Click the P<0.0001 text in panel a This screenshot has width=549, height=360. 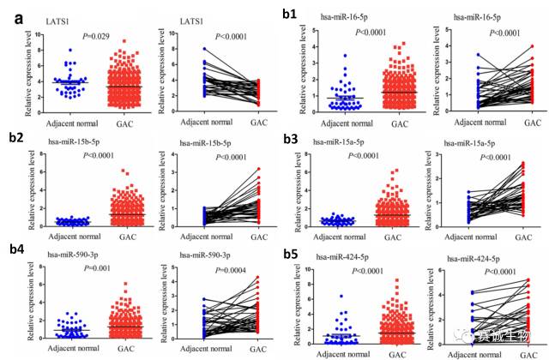click(x=225, y=35)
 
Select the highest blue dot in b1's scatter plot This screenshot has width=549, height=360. click(x=321, y=57)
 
